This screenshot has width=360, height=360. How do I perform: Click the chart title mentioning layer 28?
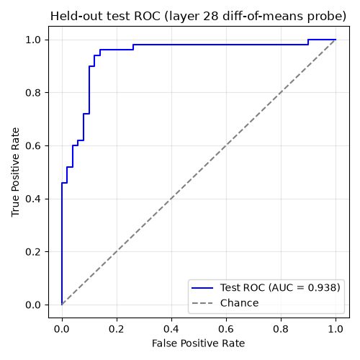tap(198, 17)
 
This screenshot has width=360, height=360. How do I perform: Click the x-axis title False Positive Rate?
tap(198, 343)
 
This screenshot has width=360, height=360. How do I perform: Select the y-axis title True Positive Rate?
tap(15, 172)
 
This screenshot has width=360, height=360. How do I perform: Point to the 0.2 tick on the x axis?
tap(117, 329)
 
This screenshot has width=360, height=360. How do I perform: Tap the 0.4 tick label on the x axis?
tap(171, 329)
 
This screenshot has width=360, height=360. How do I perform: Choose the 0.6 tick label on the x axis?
tap(226, 329)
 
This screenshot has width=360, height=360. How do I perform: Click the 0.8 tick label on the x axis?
tap(281, 329)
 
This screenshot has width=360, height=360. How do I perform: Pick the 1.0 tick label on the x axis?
tap(336, 329)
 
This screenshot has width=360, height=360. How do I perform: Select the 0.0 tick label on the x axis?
tap(62, 329)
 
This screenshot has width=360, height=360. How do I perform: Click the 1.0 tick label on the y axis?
tap(33, 40)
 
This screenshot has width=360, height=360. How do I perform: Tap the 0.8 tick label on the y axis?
tap(33, 93)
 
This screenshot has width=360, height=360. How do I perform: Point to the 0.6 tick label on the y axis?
tap(33, 145)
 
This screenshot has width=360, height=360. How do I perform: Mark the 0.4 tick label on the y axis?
tap(33, 199)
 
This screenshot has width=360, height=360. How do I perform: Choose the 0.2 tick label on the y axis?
tap(33, 252)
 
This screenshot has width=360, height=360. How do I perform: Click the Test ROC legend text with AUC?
tap(280, 287)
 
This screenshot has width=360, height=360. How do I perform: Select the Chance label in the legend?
tap(240, 303)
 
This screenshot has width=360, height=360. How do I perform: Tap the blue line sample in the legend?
tap(202, 288)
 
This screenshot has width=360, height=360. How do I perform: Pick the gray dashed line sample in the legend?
tap(202, 303)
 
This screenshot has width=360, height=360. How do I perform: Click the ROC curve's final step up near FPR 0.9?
tap(308, 42)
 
